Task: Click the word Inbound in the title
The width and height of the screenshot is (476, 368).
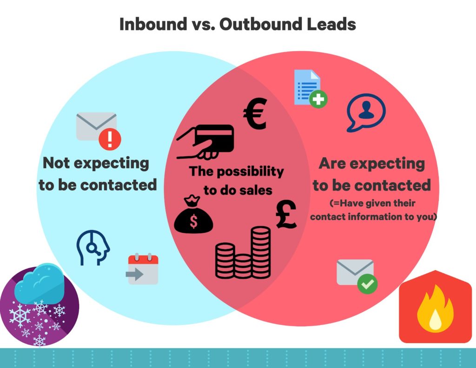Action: click(153, 24)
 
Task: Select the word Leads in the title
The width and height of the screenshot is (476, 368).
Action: click(331, 24)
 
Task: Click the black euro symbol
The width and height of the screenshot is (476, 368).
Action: click(255, 114)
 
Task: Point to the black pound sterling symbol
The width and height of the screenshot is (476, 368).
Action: click(286, 214)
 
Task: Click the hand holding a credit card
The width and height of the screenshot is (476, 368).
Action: click(205, 142)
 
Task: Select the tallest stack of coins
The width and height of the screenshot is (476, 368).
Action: click(260, 252)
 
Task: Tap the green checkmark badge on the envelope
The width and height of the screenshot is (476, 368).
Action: click(367, 284)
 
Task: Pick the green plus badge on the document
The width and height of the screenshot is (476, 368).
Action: click(318, 99)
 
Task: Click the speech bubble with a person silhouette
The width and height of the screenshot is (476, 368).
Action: click(366, 112)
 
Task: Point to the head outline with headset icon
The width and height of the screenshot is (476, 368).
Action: click(93, 248)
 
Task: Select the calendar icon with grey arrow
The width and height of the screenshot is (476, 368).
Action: click(142, 269)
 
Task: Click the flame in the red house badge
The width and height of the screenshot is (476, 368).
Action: click(435, 308)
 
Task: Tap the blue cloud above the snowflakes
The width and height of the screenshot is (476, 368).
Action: click(40, 283)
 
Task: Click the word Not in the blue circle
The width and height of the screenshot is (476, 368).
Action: click(56, 163)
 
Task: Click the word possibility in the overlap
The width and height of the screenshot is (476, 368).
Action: click(250, 172)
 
